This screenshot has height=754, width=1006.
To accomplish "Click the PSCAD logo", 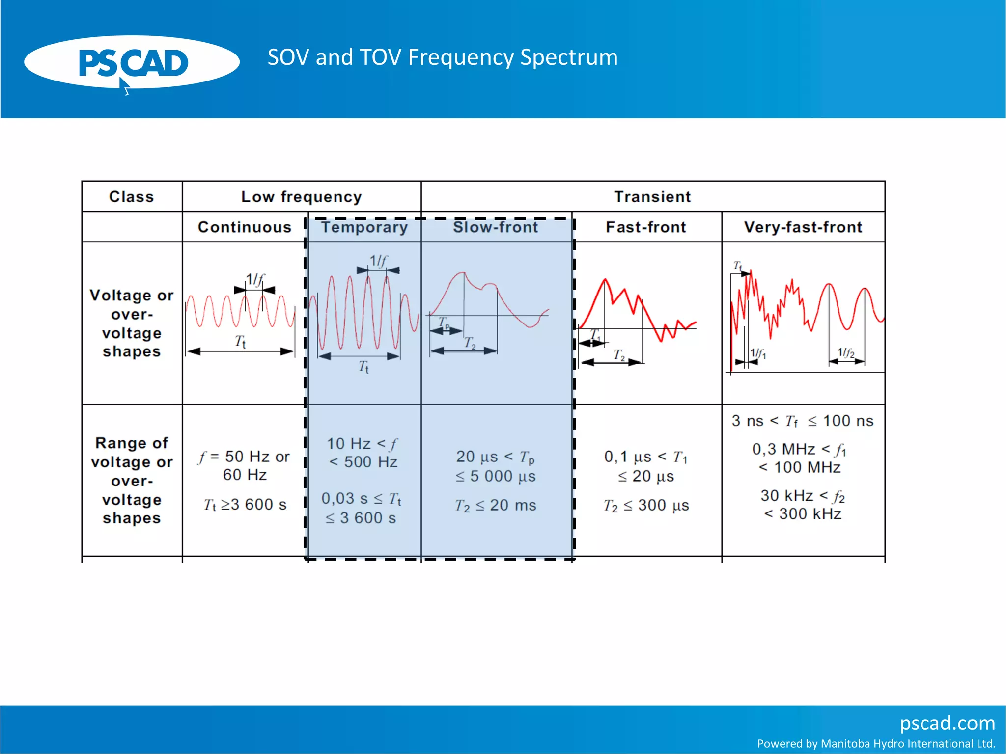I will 132,63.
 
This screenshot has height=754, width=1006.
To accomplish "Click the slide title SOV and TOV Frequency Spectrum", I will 442,57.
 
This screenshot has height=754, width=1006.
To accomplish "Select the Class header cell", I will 131,197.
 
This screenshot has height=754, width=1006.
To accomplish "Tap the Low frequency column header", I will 301,197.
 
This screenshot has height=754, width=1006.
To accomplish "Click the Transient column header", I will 652,197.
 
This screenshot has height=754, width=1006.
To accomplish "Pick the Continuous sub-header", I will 245,227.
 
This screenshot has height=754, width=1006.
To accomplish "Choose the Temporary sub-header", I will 364,227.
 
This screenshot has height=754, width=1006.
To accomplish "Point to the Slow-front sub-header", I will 496,227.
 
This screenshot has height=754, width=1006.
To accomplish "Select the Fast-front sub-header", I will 646,227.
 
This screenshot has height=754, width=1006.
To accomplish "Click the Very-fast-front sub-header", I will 803,227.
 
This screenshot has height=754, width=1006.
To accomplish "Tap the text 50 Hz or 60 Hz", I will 245,465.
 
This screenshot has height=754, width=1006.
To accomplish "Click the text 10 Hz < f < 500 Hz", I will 363,453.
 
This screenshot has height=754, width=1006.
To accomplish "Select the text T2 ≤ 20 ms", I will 496,505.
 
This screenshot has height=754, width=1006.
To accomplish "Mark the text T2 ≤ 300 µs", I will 646,505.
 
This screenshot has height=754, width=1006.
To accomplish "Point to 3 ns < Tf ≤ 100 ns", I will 803,421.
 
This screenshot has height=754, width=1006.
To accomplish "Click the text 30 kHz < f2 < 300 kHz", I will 803,505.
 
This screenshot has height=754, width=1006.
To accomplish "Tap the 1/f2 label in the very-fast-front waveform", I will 846,352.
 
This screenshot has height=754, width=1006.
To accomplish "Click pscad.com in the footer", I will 947,723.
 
